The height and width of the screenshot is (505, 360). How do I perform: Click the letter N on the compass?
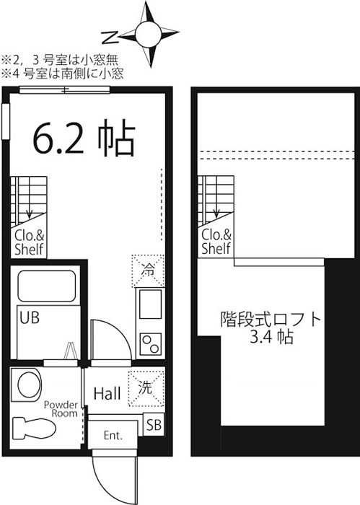click(x=109, y=38)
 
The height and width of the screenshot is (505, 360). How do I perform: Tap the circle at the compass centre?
click(x=148, y=34)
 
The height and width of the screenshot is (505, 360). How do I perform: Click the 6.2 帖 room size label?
click(x=84, y=138)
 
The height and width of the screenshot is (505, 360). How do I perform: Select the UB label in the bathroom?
click(x=30, y=317)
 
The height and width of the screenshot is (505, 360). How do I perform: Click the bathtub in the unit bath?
click(x=47, y=286)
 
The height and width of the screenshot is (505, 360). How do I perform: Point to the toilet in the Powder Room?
click(x=34, y=429)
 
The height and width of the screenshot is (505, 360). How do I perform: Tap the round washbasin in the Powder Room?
click(x=30, y=385)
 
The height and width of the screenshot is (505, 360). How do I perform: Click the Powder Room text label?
click(x=61, y=409)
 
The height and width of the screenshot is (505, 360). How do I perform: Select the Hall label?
click(x=107, y=394)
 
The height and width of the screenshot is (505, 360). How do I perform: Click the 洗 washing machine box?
click(x=146, y=388)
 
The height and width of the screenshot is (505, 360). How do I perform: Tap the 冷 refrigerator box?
click(x=148, y=271)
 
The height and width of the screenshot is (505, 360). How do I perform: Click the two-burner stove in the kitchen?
click(x=151, y=343)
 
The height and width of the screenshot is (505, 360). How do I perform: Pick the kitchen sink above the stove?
click(x=150, y=304)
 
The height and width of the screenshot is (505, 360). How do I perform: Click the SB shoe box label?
click(x=154, y=425)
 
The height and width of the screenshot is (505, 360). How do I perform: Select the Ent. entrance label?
click(x=113, y=436)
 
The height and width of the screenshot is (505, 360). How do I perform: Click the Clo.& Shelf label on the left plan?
click(x=29, y=242)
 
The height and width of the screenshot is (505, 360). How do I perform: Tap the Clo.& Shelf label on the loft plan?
click(x=216, y=242)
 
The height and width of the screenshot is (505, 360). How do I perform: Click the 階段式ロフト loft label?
click(x=271, y=319)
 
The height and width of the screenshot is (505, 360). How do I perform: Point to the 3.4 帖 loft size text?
click(x=271, y=337)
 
